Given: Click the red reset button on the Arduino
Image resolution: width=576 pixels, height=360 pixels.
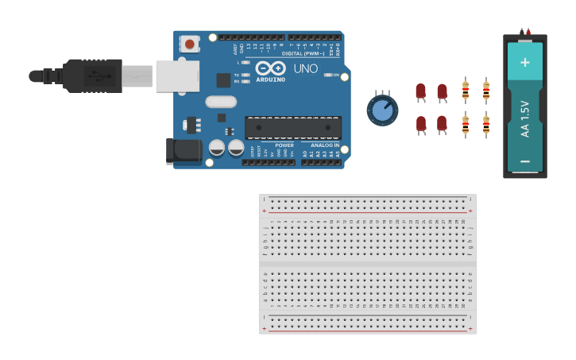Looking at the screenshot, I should tap(190, 44).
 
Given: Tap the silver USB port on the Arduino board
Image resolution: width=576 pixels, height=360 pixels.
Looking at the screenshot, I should tap(177, 76).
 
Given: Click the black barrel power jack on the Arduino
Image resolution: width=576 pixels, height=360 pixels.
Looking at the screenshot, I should tap(184, 150).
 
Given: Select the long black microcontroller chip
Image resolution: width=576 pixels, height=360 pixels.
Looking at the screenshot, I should tap(293, 127).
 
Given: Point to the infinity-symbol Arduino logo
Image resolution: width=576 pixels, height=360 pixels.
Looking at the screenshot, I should tap(270, 69).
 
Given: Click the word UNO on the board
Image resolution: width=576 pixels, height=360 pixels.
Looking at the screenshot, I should tap(306, 69).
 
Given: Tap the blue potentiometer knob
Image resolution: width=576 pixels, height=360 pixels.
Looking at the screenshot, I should tap(383, 110).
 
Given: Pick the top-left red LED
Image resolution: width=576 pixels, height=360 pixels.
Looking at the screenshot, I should tap(420, 91).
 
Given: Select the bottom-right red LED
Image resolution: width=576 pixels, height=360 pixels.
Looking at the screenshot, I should tap(442, 124).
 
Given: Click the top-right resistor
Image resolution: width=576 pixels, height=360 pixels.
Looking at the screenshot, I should tap(486, 91).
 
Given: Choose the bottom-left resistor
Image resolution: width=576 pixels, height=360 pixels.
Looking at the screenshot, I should tap(466, 124).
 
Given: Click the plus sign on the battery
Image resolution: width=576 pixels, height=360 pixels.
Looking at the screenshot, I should tap(524, 61).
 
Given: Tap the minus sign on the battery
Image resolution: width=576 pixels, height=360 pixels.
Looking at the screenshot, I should tap(524, 161).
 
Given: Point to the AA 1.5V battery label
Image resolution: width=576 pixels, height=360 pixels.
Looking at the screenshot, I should tap(525, 119).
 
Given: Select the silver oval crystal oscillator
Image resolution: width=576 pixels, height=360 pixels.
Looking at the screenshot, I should tap(221, 102).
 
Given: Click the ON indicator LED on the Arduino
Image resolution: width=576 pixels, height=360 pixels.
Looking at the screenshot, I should tap(328, 75).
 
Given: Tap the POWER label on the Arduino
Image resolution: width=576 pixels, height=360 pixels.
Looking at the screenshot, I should tap(284, 145).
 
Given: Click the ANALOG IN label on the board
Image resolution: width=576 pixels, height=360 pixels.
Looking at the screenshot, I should tap(324, 145).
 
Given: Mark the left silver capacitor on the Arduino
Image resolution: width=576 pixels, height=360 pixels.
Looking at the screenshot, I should tap(217, 148).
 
